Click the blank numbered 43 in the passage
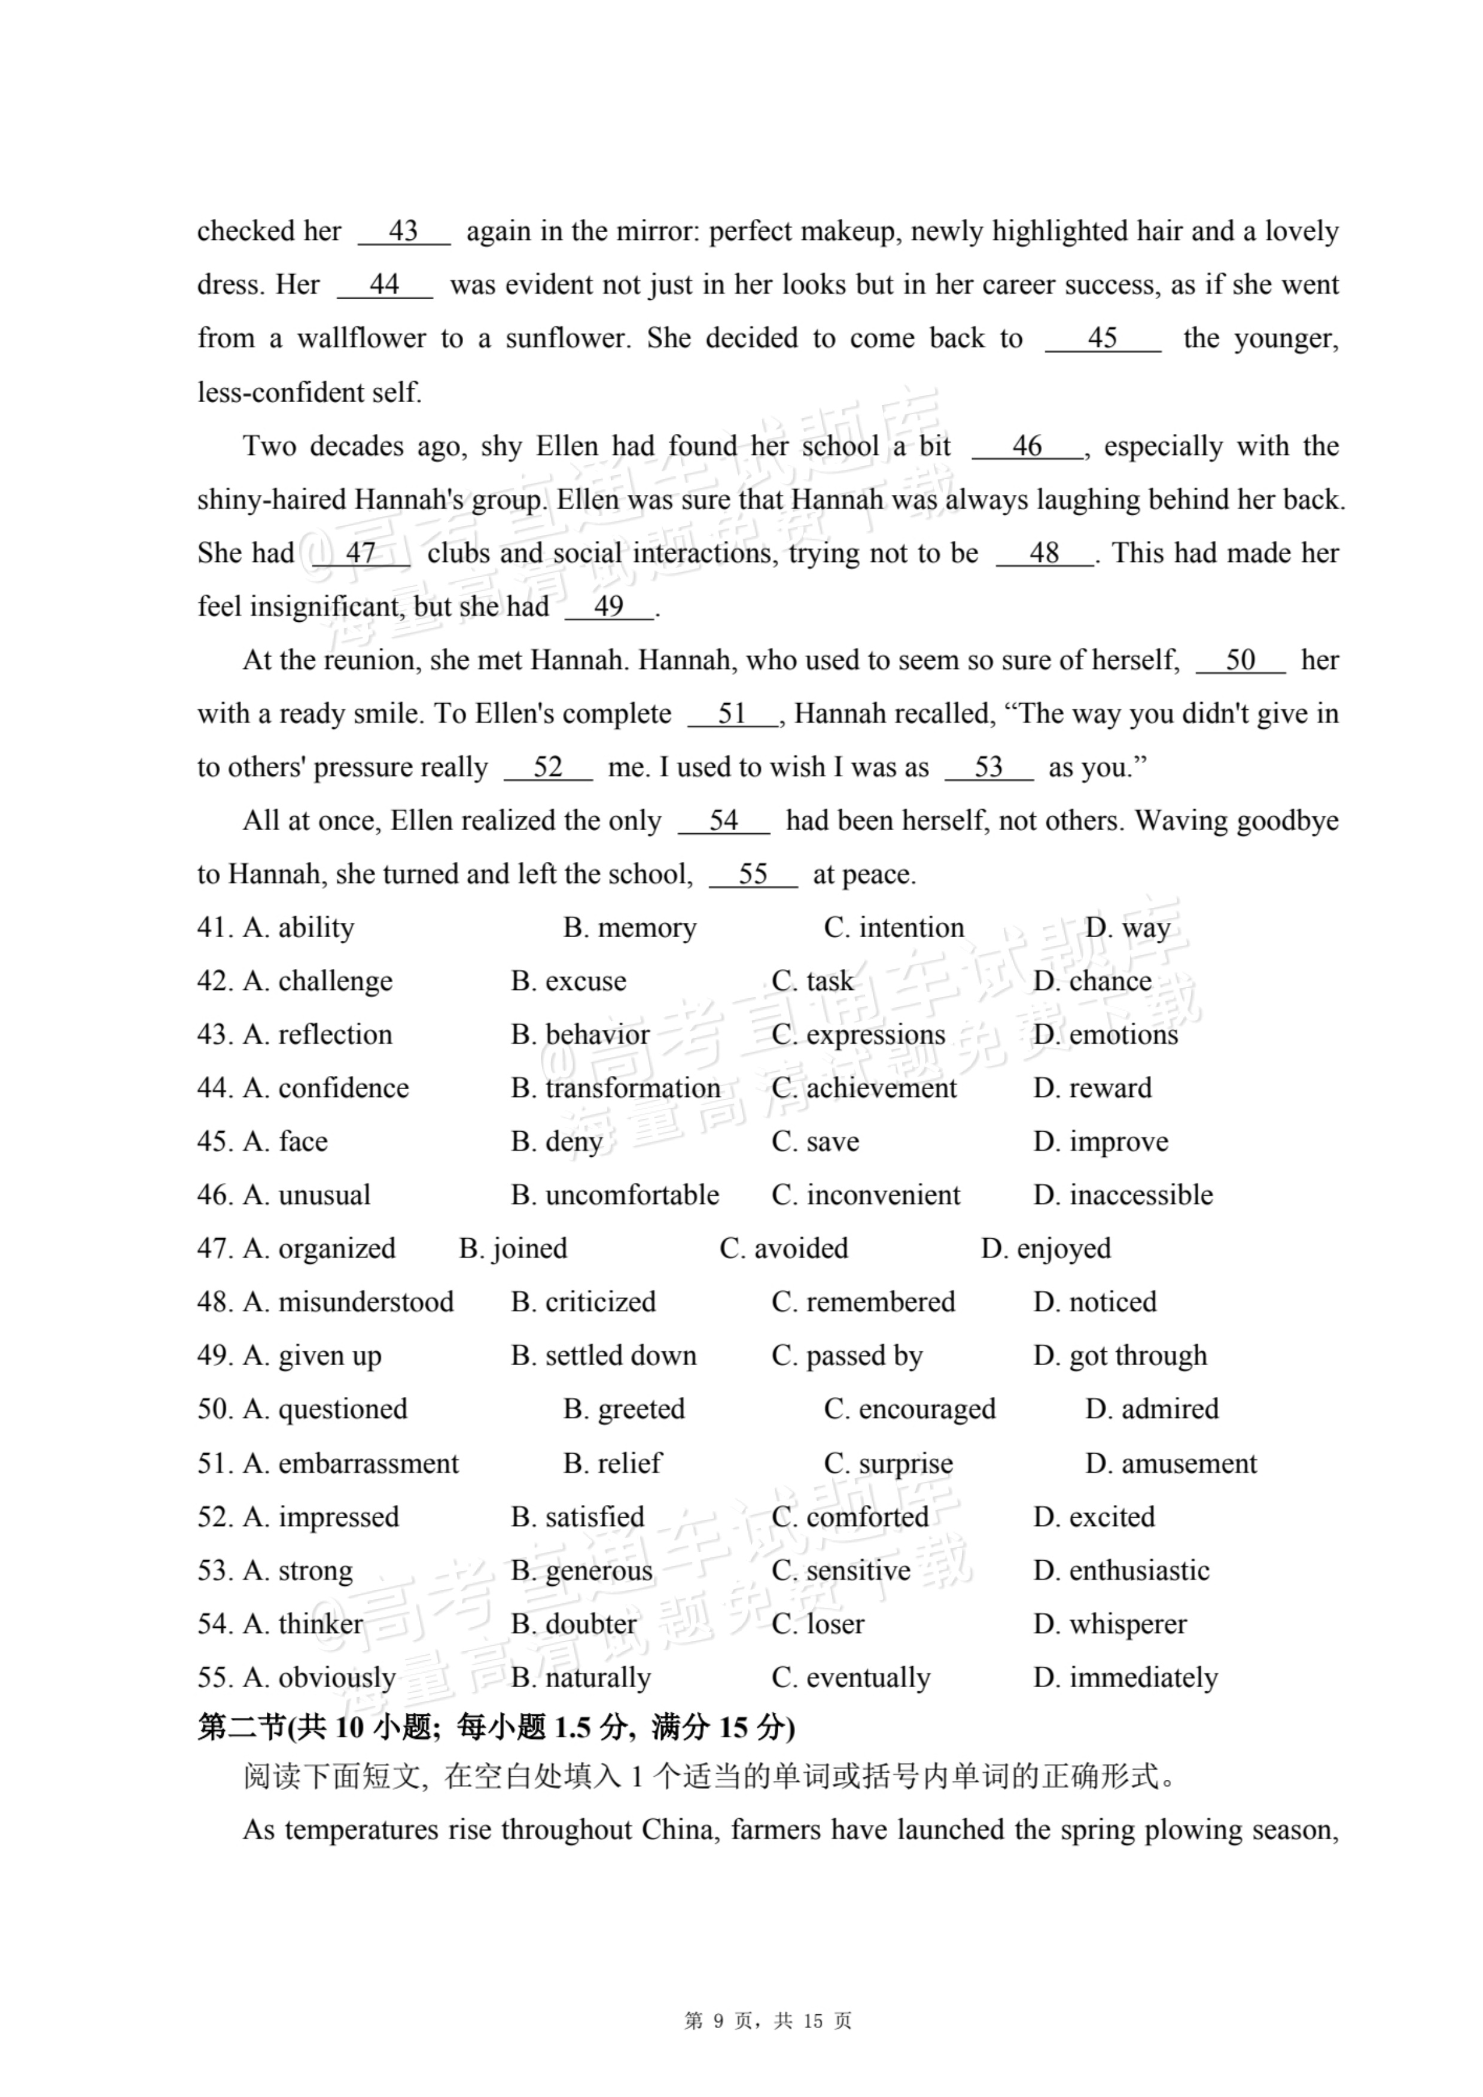(x=404, y=231)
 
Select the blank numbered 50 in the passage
(x=1240, y=660)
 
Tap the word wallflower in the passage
(x=361, y=338)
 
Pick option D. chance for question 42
(x=1092, y=981)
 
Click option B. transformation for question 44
(x=616, y=1088)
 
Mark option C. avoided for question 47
(x=784, y=1248)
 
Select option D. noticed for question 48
(x=1095, y=1302)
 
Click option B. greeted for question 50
(x=624, y=1409)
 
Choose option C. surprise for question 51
(x=888, y=1463)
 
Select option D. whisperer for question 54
(x=1110, y=1624)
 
